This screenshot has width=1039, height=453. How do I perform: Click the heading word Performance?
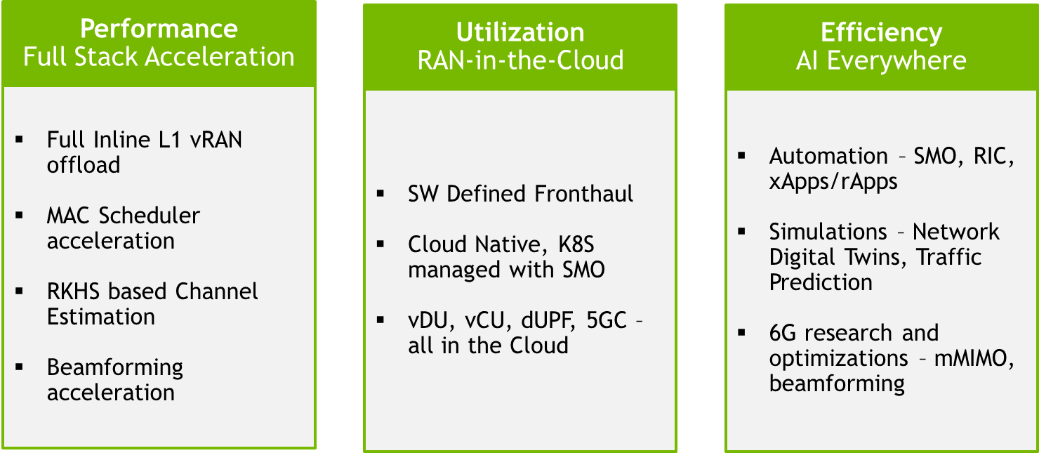coord(159,29)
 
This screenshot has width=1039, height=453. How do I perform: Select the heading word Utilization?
coord(520,32)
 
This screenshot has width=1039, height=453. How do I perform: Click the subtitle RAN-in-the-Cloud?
coord(520,60)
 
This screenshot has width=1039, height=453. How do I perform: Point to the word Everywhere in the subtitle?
coord(896,61)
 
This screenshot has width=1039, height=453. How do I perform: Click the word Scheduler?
coord(149,216)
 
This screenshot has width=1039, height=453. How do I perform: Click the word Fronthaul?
coord(583,194)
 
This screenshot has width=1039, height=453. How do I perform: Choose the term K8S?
coord(576,244)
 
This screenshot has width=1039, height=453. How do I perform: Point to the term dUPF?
coord(548,321)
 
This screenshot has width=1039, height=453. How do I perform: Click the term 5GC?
coord(607,320)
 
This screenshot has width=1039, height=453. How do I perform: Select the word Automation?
coord(828,156)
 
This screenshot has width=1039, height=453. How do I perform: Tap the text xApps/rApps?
coord(833,182)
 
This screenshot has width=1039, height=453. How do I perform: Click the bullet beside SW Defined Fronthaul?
coord(380,194)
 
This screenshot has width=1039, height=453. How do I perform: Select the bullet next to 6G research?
coord(741,332)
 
